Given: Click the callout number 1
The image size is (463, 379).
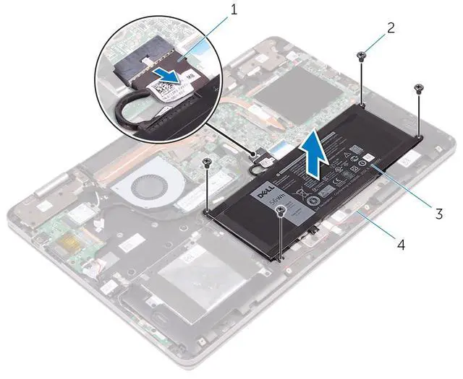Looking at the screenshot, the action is [x=234, y=9].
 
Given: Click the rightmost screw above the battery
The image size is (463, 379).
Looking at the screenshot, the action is [x=419, y=88].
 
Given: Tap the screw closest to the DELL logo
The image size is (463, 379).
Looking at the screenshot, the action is [x=280, y=210].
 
